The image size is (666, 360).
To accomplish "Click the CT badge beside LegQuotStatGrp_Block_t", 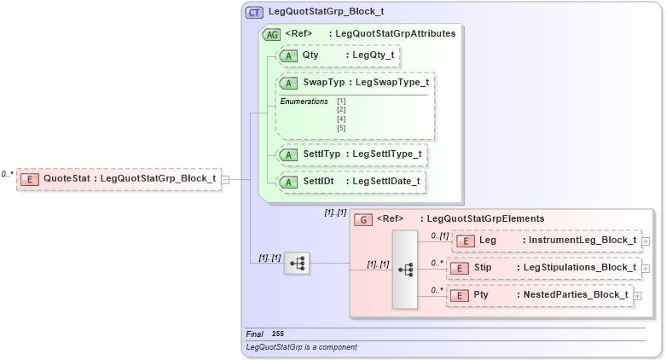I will (x=254, y=13).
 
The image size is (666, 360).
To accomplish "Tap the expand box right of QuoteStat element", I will (x=225, y=179).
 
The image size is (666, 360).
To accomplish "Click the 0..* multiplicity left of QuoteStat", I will (x=8, y=174).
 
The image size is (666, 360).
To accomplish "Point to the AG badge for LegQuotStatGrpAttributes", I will (x=272, y=34).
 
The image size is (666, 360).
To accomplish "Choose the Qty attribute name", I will (x=310, y=55).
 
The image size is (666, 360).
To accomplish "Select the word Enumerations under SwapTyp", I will (x=304, y=102).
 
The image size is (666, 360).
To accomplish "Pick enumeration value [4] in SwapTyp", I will (x=341, y=119).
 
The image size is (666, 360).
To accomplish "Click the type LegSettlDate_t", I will (x=386, y=182).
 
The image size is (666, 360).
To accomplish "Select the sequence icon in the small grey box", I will (x=297, y=264).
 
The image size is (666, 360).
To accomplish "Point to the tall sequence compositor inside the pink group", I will (x=405, y=269).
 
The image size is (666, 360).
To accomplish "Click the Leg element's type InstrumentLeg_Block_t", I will (x=582, y=241).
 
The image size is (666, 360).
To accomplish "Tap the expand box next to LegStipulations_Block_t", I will (x=645, y=269).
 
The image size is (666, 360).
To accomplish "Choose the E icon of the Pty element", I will (x=459, y=295).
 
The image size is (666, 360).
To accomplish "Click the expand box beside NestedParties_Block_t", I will (x=636, y=295).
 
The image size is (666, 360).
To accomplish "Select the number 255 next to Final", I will (x=278, y=334).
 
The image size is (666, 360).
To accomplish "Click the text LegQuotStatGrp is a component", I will (x=301, y=347).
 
